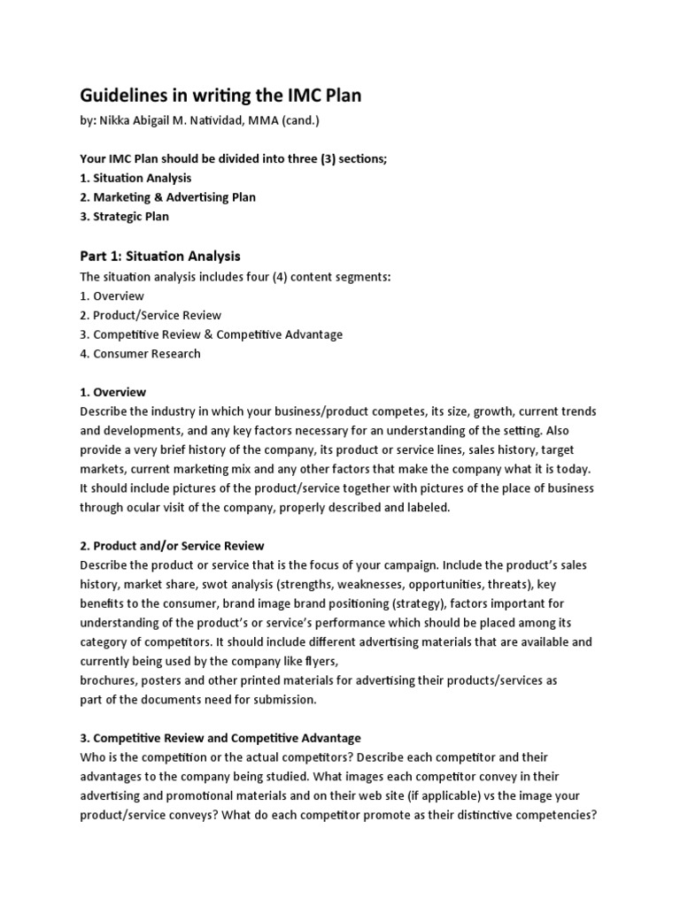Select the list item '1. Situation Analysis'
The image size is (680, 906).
pos(135,178)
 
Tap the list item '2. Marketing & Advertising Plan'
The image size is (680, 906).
pos(168,196)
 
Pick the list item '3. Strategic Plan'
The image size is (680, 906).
pos(124,216)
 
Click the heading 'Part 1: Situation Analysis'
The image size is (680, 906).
pos(159,257)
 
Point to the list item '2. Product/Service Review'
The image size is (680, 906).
pos(151,315)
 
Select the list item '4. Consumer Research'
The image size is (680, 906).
pos(140,354)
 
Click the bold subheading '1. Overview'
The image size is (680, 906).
pos(112,392)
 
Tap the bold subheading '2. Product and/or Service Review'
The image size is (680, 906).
pos(172,546)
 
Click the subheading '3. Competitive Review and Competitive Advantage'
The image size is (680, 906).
pos(220,738)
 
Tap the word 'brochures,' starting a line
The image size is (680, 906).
pos(109,680)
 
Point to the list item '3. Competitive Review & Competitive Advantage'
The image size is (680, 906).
pos(211,334)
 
